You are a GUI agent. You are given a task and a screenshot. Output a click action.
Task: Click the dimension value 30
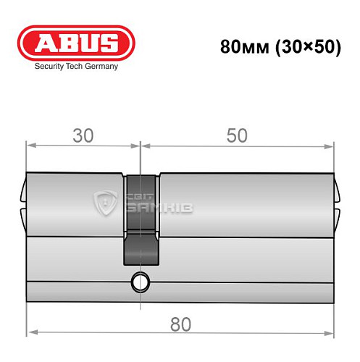(83, 135)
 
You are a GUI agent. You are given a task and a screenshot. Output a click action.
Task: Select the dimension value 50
(237, 135)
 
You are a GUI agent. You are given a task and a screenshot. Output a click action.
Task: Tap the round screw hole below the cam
(139, 280)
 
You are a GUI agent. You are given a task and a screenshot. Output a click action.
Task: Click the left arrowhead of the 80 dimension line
(30, 334)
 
